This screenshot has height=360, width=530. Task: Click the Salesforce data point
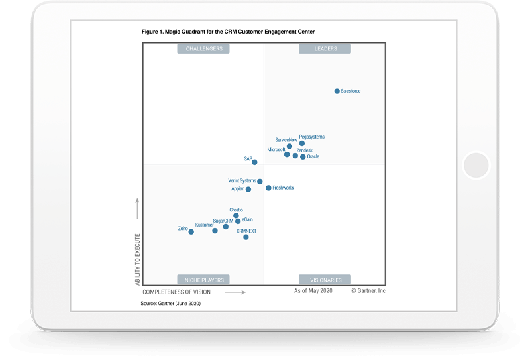[337, 91]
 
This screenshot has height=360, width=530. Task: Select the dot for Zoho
[191, 231]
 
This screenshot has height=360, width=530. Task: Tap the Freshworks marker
[268, 188]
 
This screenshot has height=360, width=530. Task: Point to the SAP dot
[254, 162]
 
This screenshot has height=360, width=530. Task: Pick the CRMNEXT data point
[246, 237]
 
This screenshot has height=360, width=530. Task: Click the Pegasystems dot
[302, 143]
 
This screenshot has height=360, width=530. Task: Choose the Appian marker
[248, 189]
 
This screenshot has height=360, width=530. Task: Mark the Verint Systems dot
[260, 181]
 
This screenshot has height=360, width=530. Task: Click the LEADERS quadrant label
[325, 48]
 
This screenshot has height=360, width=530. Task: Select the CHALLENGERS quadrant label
[204, 48]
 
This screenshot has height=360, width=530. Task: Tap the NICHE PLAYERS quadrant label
[203, 280]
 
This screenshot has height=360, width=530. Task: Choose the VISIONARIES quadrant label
[325, 280]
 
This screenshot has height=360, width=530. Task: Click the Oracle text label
[313, 157]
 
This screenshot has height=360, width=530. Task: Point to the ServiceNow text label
[286, 140]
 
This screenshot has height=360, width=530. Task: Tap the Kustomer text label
[204, 225]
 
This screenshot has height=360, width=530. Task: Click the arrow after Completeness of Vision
[235, 292]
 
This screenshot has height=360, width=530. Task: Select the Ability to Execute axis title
[138, 259]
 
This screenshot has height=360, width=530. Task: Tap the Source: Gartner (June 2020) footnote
[170, 303]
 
